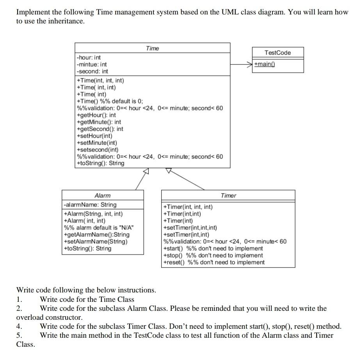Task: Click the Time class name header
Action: pyautogui.click(x=152, y=48)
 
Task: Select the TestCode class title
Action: pyautogui.click(x=278, y=53)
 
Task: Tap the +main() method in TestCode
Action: pyautogui.click(x=264, y=64)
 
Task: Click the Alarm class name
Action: pyautogui.click(x=102, y=195)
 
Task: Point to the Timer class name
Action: pyautogui.click(x=228, y=195)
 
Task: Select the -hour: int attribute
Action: pyautogui.click(x=89, y=57)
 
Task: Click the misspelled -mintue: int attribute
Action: pyautogui.click(x=92, y=64)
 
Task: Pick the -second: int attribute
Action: pyautogui.click(x=93, y=71)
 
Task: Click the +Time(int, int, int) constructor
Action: pyautogui.click(x=101, y=80)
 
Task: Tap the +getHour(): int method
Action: pyautogui.click(x=96, y=115)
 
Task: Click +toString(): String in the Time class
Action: pyautogui.click(x=101, y=163)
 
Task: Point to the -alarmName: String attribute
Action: pyautogui.click(x=90, y=205)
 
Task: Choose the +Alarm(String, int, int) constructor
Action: pyautogui.click(x=93, y=214)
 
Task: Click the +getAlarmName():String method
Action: pyautogui.click(x=96, y=235)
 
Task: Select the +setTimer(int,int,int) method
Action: pyautogui.click(x=190, y=228)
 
